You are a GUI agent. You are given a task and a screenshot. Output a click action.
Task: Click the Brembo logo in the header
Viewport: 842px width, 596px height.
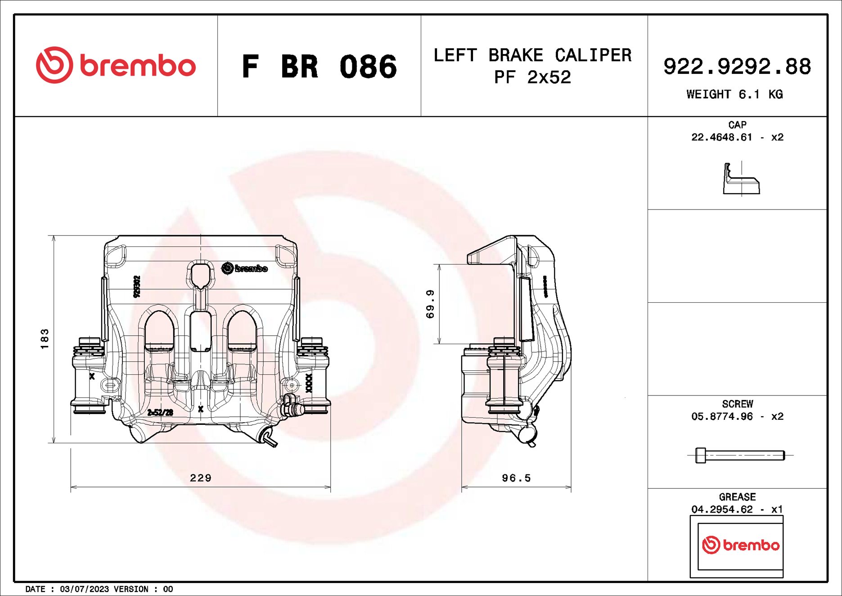[116, 65]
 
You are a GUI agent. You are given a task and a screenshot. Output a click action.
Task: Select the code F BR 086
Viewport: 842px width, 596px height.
[319, 67]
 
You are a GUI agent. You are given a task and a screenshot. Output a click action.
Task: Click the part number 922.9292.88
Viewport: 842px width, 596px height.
[737, 67]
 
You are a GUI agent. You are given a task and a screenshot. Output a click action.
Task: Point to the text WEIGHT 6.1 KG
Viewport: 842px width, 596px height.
[734, 95]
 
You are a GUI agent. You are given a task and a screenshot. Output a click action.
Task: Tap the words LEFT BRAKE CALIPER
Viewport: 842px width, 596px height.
[532, 55]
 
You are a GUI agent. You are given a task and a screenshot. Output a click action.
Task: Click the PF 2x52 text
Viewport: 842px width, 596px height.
[532, 77]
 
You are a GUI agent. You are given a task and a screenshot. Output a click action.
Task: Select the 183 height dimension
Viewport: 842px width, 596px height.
[44, 339]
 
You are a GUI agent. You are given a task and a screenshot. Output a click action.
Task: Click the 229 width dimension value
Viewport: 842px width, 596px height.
[201, 478]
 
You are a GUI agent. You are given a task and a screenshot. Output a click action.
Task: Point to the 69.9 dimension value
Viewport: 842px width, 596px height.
[430, 304]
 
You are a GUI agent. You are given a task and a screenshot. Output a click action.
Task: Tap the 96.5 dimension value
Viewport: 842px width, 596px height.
[516, 478]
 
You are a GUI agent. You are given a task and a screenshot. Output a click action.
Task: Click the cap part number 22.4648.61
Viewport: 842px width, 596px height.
[721, 137]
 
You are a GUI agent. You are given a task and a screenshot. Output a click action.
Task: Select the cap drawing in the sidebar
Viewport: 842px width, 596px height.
[741, 179]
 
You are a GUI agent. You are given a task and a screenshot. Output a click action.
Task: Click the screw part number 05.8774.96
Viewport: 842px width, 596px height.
[721, 417]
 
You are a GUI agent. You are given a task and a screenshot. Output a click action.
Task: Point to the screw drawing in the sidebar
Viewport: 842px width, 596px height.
[740, 455]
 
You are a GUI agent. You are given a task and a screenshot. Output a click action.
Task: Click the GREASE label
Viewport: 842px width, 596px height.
[737, 497]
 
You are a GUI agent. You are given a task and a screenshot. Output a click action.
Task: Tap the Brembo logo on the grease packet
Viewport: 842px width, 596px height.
[740, 545]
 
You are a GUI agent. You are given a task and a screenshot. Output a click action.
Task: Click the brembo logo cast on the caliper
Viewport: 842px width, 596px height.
[245, 268]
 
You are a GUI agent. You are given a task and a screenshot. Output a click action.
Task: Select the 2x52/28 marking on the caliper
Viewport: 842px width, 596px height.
[160, 413]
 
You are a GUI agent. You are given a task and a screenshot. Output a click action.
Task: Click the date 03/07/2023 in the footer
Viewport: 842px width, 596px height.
[84, 589]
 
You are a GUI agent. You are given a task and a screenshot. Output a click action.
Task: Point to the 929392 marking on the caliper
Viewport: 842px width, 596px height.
[137, 287]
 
